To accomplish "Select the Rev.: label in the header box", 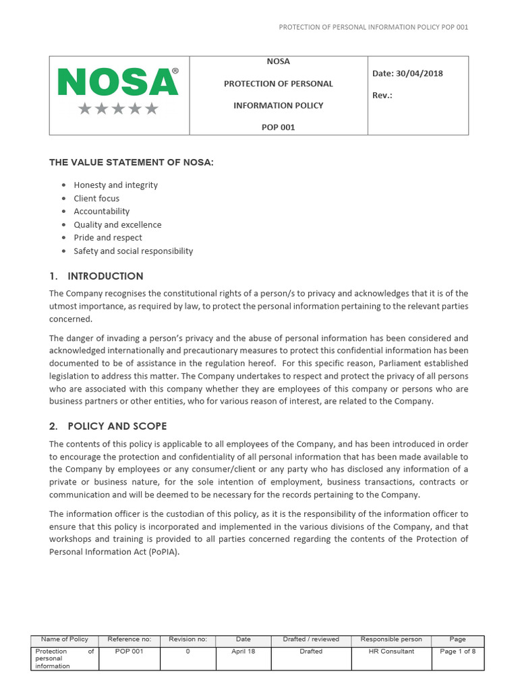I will point(382,95).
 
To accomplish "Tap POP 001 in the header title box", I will point(278,127).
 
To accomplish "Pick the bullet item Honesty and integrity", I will point(115,185).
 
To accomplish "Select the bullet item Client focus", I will point(96,198).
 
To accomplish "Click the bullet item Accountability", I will point(101,212).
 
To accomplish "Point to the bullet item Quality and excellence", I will point(117,224).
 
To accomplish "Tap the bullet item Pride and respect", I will point(108,238).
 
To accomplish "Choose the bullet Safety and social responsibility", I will point(133,251).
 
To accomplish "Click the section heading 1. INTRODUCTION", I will point(96,276).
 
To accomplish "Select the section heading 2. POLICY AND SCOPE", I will point(108,427).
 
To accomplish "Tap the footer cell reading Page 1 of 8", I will point(457,652).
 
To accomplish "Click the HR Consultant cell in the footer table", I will point(391,652).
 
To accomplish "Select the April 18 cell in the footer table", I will point(243,652).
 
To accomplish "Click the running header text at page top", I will point(373,27).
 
